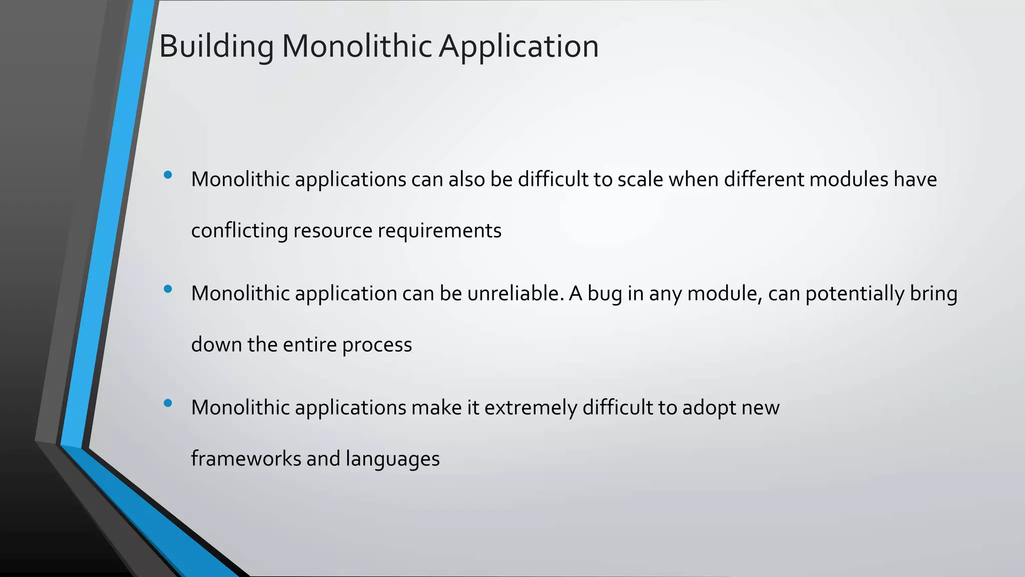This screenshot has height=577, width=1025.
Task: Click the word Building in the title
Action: tap(216, 47)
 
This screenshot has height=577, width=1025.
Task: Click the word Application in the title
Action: tap(519, 47)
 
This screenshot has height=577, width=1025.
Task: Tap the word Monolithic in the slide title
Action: tap(356, 47)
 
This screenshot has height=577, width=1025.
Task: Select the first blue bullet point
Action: tap(168, 175)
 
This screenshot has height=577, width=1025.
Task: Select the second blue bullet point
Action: tap(168, 288)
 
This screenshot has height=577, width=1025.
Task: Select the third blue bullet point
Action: tap(168, 403)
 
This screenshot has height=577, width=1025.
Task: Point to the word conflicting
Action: tap(239, 231)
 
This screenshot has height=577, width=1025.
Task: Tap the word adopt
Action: tap(709, 408)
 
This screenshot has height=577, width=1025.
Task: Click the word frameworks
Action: tap(246, 459)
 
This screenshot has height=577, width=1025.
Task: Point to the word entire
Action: tap(310, 345)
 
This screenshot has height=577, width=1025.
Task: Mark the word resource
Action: tap(333, 231)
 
